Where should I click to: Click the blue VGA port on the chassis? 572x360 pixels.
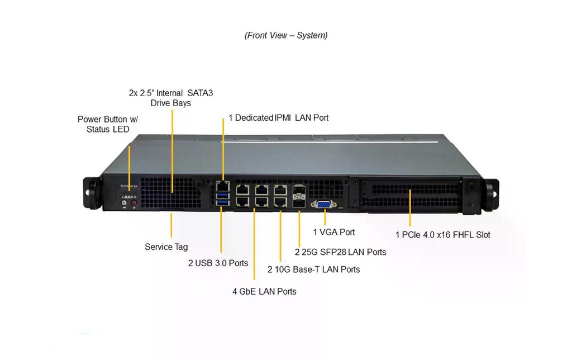point(323,205)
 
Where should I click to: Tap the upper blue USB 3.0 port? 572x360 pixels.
point(222,195)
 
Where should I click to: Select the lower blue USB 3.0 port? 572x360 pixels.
point(222,202)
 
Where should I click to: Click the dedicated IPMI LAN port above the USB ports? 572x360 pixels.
point(222,186)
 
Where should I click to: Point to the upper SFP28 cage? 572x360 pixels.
point(299,190)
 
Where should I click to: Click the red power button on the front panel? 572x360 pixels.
point(134,202)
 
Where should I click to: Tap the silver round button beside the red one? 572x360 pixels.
point(125,202)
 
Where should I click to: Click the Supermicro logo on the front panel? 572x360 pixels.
point(130,186)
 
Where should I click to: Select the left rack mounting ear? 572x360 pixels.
point(92,193)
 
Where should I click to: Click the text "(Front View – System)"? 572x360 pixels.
point(286,35)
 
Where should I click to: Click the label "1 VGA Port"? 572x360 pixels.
point(334,232)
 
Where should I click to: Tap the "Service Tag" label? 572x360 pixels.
point(166,247)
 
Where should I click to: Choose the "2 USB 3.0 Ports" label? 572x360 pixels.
point(218,263)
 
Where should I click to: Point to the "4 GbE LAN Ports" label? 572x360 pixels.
point(264,292)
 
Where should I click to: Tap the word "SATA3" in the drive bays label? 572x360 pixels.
point(200,93)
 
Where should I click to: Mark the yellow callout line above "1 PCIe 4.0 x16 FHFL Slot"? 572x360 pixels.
point(410,208)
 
